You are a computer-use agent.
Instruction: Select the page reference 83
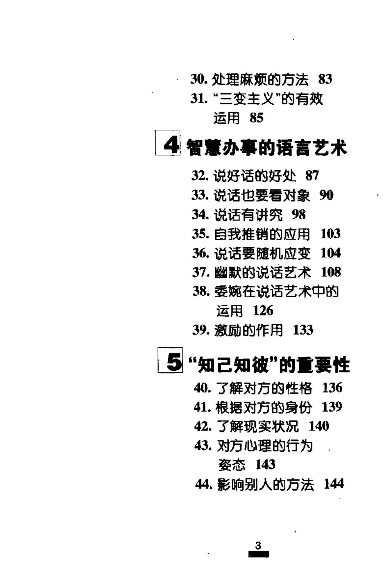point(325,79)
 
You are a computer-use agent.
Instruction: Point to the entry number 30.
point(199,79)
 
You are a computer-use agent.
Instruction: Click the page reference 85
point(256,117)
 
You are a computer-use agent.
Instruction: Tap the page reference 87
point(312,176)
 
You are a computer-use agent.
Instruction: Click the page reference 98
point(298,214)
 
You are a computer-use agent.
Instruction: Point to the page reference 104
point(330,253)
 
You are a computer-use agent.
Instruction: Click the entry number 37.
point(201,272)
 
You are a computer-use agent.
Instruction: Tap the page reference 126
point(263,310)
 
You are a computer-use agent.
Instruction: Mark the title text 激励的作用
point(248,330)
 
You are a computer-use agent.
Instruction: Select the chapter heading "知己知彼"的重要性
point(269,365)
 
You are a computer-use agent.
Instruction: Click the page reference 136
point(332,387)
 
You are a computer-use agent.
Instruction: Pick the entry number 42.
point(203,426)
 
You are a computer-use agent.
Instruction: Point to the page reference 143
point(265,464)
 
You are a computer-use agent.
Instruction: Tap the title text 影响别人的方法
point(265,484)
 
